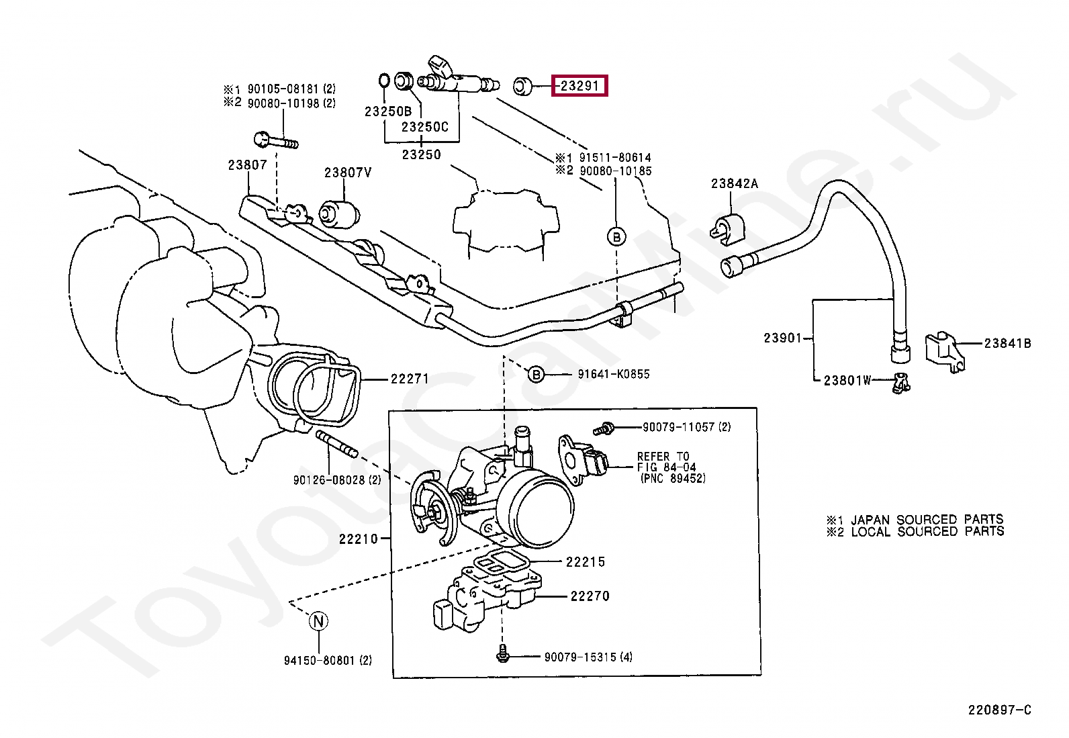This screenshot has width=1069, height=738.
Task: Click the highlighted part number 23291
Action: coord(579,86)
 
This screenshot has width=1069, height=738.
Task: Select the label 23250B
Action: coord(388,111)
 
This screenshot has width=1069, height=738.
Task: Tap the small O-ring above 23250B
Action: coord(383,81)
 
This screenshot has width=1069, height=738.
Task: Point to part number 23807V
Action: coord(348,173)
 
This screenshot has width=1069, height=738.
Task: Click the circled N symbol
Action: coord(318,621)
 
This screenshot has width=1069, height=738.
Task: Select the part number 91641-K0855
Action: coord(613,374)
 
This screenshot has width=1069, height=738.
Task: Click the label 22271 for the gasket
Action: coord(410,379)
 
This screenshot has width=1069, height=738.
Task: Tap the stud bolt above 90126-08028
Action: coord(335,445)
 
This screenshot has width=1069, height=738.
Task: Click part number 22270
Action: coord(590,595)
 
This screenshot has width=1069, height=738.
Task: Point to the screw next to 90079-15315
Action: coord(502,655)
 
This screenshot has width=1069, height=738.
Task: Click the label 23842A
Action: coord(735,183)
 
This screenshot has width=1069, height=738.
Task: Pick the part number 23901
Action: coord(782,338)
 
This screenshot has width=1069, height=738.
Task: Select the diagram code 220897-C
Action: coord(998,710)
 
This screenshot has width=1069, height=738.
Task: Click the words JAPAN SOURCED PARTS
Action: coord(927,519)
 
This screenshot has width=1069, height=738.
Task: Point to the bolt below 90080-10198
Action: coord(276,142)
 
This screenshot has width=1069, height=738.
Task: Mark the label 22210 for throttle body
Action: coord(359,538)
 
